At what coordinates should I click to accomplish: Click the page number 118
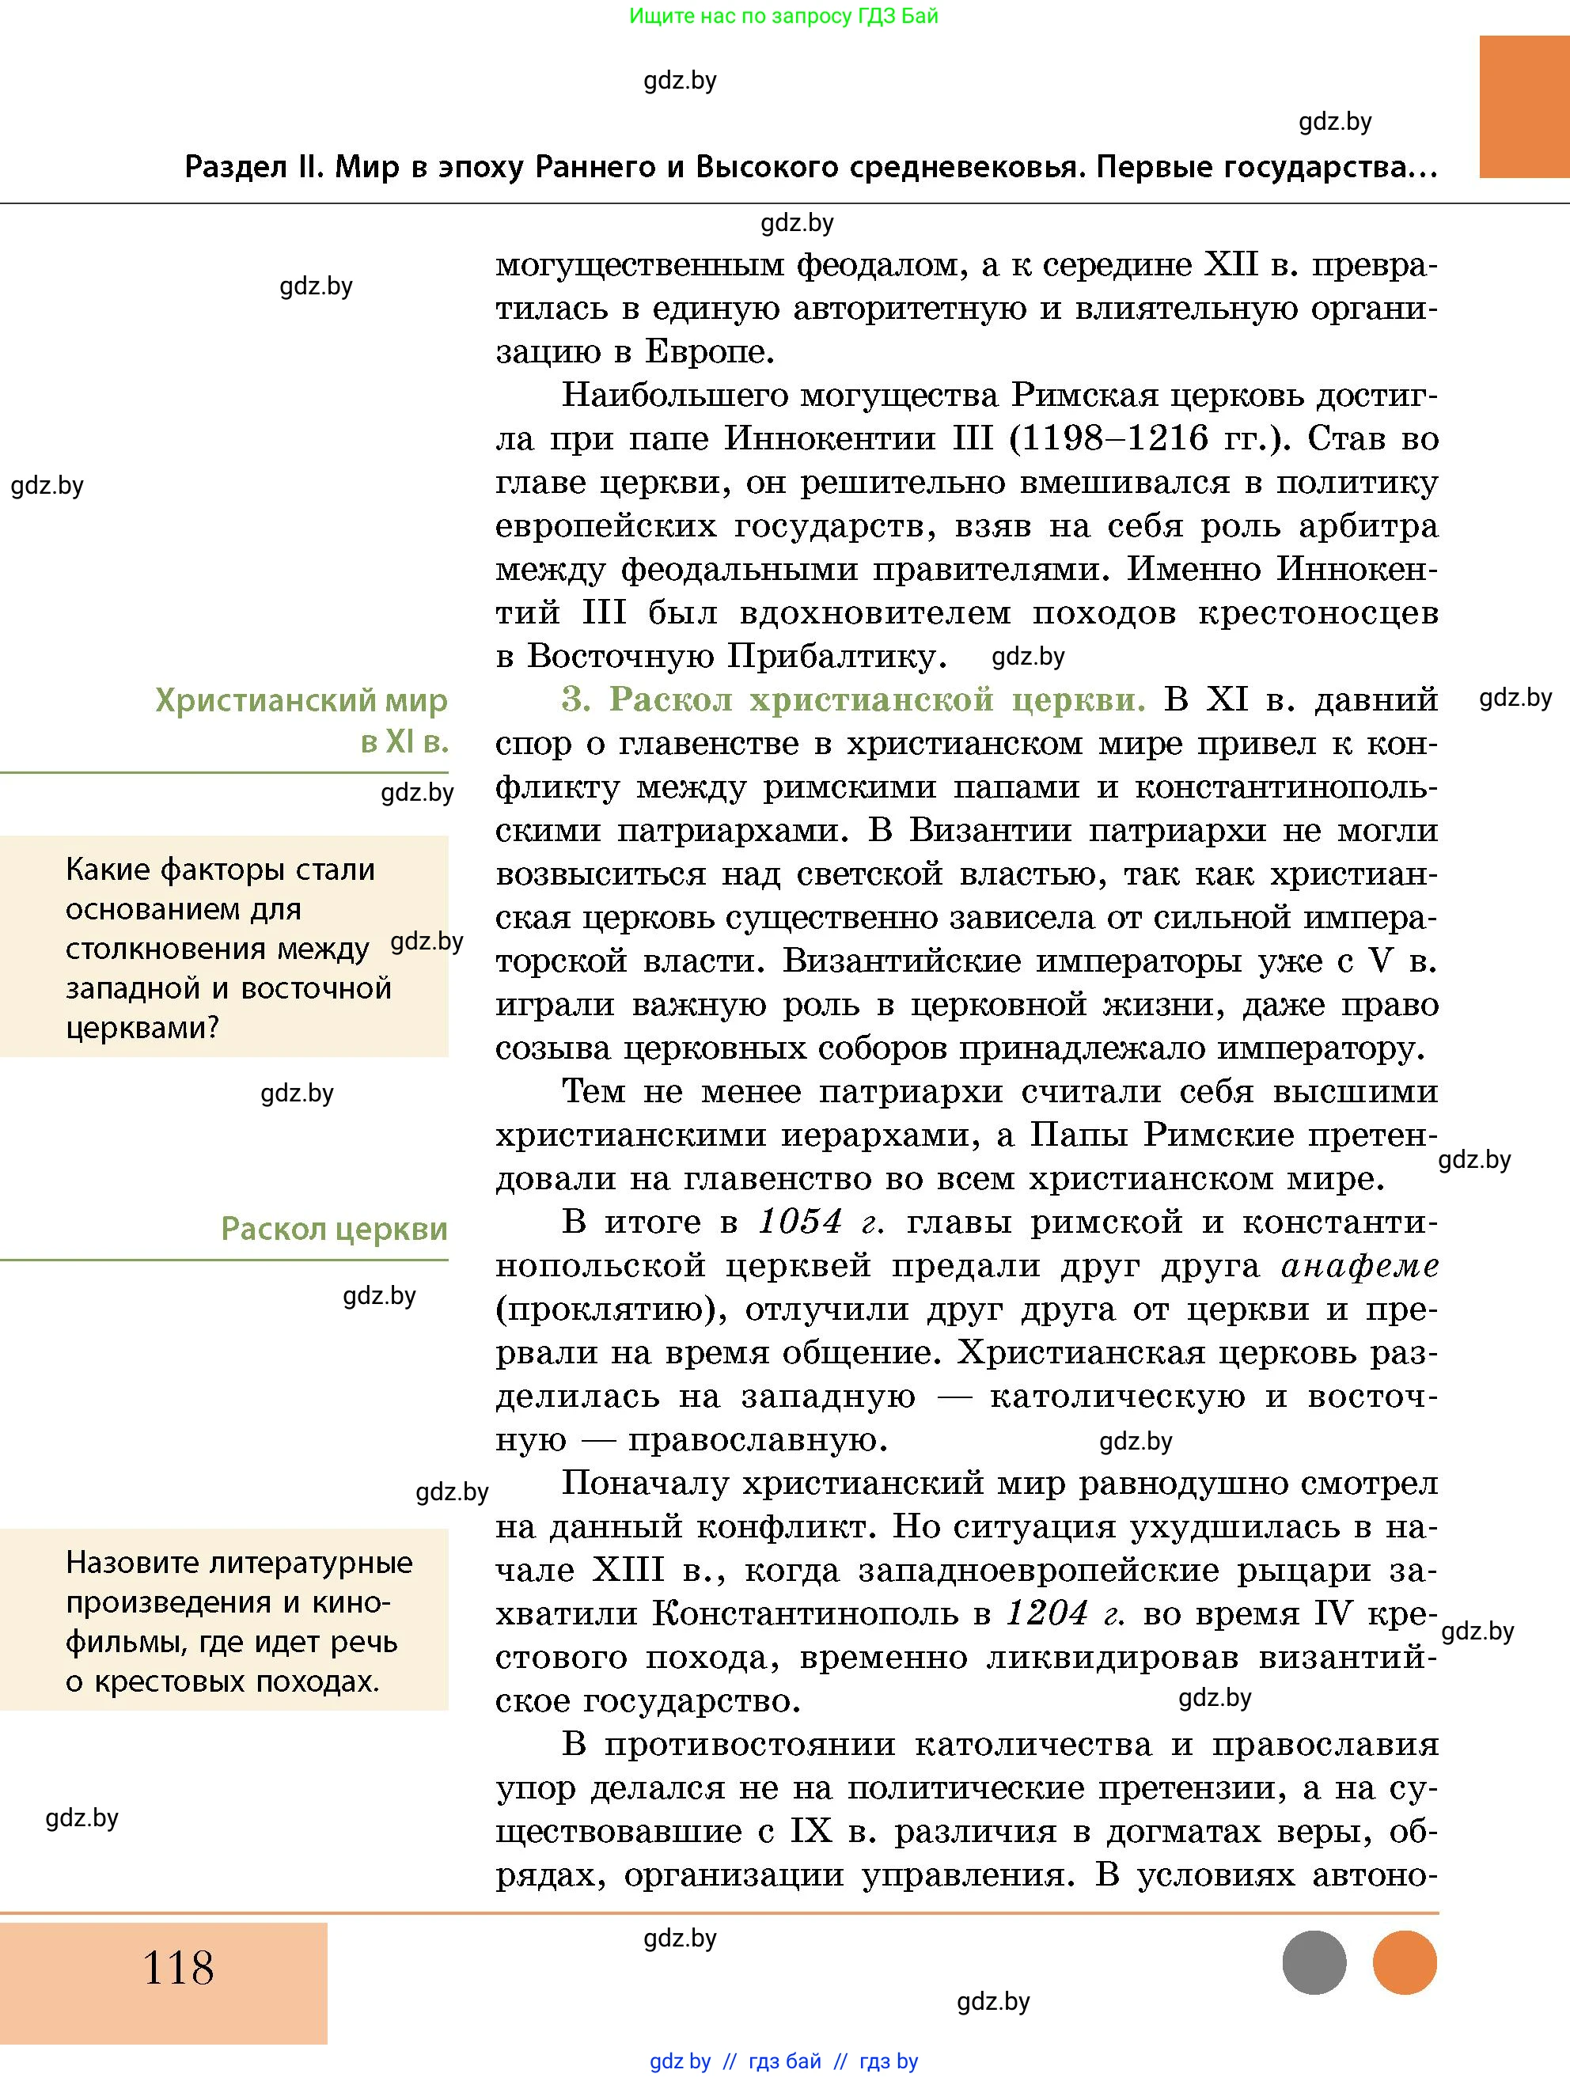click(x=178, y=1966)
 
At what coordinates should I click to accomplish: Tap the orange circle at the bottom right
click(x=1404, y=1962)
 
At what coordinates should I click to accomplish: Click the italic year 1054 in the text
click(x=799, y=1222)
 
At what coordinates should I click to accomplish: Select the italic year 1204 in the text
click(x=1047, y=1613)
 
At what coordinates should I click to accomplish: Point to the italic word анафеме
click(x=1360, y=1266)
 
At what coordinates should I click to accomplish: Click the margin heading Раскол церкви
click(x=334, y=1229)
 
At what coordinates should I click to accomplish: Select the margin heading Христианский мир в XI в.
click(x=301, y=721)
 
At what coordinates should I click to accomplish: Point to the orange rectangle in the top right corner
click(x=1523, y=106)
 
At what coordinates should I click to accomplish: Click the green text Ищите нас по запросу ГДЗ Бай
click(x=783, y=16)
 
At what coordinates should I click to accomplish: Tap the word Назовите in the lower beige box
click(x=131, y=1563)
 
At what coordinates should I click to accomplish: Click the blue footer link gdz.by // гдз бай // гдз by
click(x=783, y=2061)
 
